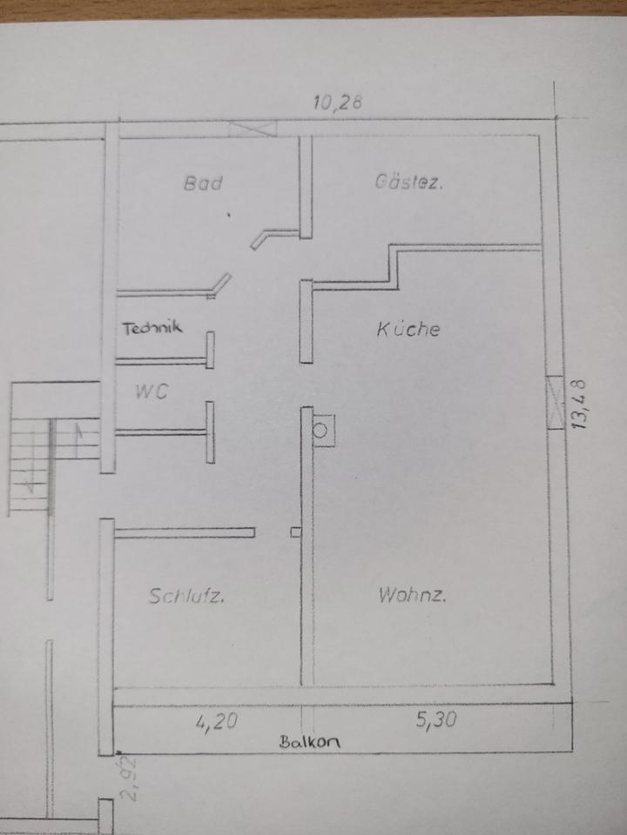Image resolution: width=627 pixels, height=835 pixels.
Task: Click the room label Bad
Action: click(x=203, y=183)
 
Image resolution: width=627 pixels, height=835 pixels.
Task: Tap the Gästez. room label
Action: click(x=409, y=183)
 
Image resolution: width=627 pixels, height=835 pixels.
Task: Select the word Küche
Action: click(x=408, y=329)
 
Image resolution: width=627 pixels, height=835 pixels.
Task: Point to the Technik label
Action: click(x=152, y=328)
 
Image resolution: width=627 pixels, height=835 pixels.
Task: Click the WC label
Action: click(x=150, y=391)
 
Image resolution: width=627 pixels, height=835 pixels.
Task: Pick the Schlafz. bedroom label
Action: click(x=187, y=597)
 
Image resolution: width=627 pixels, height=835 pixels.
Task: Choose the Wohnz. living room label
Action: click(x=413, y=596)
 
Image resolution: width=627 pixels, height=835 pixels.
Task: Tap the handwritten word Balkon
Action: click(x=309, y=742)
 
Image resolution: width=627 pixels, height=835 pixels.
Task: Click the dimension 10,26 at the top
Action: click(x=337, y=103)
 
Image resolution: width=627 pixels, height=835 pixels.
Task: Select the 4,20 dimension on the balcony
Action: click(x=212, y=720)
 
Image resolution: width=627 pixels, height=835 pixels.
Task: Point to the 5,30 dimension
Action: click(x=435, y=720)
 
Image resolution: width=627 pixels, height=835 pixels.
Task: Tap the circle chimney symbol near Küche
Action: click(x=322, y=429)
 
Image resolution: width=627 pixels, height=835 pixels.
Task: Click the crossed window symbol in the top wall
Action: click(x=253, y=129)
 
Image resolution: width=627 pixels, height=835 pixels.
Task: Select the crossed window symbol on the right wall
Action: click(x=555, y=404)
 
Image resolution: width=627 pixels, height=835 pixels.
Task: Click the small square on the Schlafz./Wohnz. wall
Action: click(x=296, y=531)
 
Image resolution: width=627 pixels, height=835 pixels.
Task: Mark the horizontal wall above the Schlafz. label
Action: click(x=184, y=532)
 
